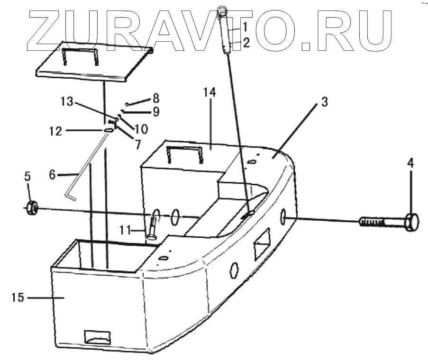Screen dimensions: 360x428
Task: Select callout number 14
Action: (210, 92)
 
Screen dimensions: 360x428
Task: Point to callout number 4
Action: (410, 164)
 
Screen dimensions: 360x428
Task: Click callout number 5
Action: (27, 176)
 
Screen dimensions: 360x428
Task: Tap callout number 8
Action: (155, 99)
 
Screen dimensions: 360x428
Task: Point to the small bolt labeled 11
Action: (152, 226)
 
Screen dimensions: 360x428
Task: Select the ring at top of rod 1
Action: (222, 11)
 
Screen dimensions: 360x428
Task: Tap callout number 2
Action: (246, 43)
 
